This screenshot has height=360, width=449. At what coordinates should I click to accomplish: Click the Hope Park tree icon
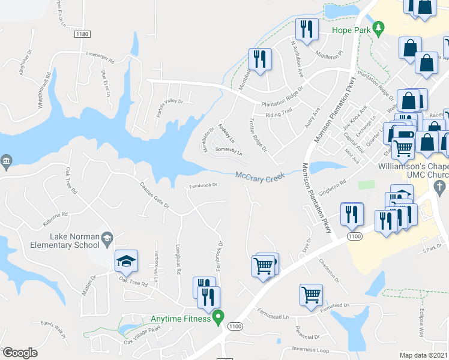tap(378, 28)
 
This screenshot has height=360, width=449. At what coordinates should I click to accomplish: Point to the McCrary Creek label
tap(259, 176)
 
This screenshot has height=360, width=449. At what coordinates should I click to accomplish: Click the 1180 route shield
tap(83, 35)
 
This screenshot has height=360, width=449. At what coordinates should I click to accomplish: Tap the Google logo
tap(20, 353)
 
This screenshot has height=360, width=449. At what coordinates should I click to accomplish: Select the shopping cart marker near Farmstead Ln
tap(312, 295)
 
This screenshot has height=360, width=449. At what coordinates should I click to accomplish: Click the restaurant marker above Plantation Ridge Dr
tap(260, 59)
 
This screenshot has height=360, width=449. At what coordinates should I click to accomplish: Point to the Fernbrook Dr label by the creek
tap(202, 185)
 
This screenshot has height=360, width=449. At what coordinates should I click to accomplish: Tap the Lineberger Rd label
tap(100, 58)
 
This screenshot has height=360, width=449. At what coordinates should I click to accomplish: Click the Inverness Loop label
tap(310, 349)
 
